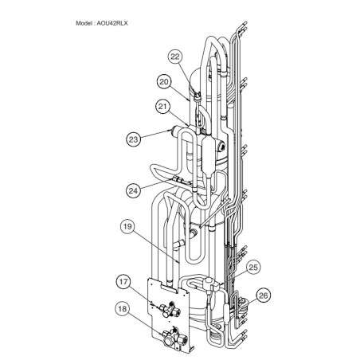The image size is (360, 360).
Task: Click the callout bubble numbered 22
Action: [175, 57]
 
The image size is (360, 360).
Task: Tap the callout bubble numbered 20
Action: [164, 82]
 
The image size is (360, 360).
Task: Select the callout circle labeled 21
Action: [162, 107]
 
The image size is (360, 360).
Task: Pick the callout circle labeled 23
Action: [134, 139]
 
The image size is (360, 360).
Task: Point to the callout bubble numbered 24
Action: [134, 190]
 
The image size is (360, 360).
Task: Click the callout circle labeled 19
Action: [127, 227]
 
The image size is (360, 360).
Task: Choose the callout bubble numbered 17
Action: [123, 281]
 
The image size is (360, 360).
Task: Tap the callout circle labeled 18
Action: [123, 309]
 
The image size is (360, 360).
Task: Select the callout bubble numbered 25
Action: [253, 267]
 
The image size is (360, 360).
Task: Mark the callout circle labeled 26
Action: [263, 295]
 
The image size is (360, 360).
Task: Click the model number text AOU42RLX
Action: [112, 23]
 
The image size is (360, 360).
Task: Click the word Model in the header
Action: [84, 23]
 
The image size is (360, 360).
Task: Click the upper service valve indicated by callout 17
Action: [170, 310]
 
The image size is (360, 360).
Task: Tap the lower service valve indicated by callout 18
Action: [172, 337]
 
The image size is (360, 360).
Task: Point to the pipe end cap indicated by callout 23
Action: [176, 131]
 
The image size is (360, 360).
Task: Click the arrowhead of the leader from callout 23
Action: [172, 130]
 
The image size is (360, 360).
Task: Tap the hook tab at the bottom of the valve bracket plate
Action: [191, 349]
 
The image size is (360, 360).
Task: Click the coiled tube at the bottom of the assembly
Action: [214, 337]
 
